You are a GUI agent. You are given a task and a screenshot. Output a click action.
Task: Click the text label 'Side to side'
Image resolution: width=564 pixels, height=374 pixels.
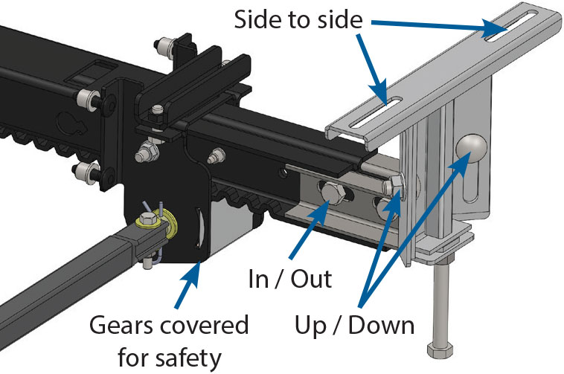(x=297, y=19)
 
